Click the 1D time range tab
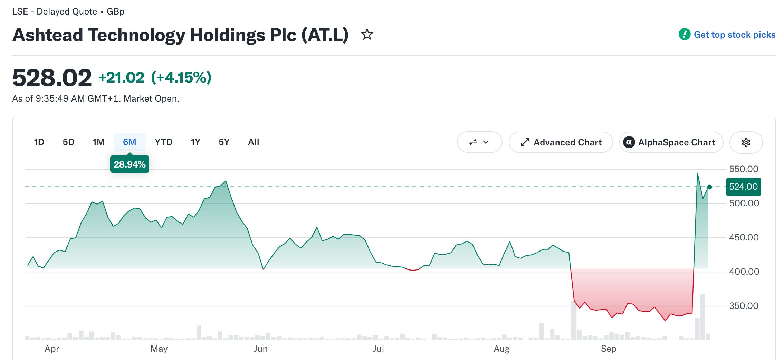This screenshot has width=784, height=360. tap(39, 142)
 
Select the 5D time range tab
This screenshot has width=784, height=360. tap(68, 142)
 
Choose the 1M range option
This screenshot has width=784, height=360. tap(98, 142)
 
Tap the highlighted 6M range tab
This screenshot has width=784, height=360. tap(130, 142)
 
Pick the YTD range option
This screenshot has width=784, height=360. tap(163, 142)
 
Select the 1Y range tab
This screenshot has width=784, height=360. tap(195, 142)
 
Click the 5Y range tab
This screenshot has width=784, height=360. tap(224, 142)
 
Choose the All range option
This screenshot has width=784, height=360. tap(254, 142)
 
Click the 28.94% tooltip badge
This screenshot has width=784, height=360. tap(130, 164)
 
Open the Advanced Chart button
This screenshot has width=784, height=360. tap(561, 142)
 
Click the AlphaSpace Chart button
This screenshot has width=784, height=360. tap(671, 142)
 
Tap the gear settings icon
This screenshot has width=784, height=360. tap(746, 142)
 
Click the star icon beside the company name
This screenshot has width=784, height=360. tap(367, 35)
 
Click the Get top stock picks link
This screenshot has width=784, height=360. tap(727, 35)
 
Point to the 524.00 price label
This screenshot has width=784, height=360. tap(743, 187)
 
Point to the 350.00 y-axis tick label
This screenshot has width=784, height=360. tap(744, 306)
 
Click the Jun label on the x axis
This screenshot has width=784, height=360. tap(260, 349)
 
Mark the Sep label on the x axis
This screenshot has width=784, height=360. tap(609, 349)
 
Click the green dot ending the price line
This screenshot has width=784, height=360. tap(709, 187)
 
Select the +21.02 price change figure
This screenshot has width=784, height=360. tap(122, 77)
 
